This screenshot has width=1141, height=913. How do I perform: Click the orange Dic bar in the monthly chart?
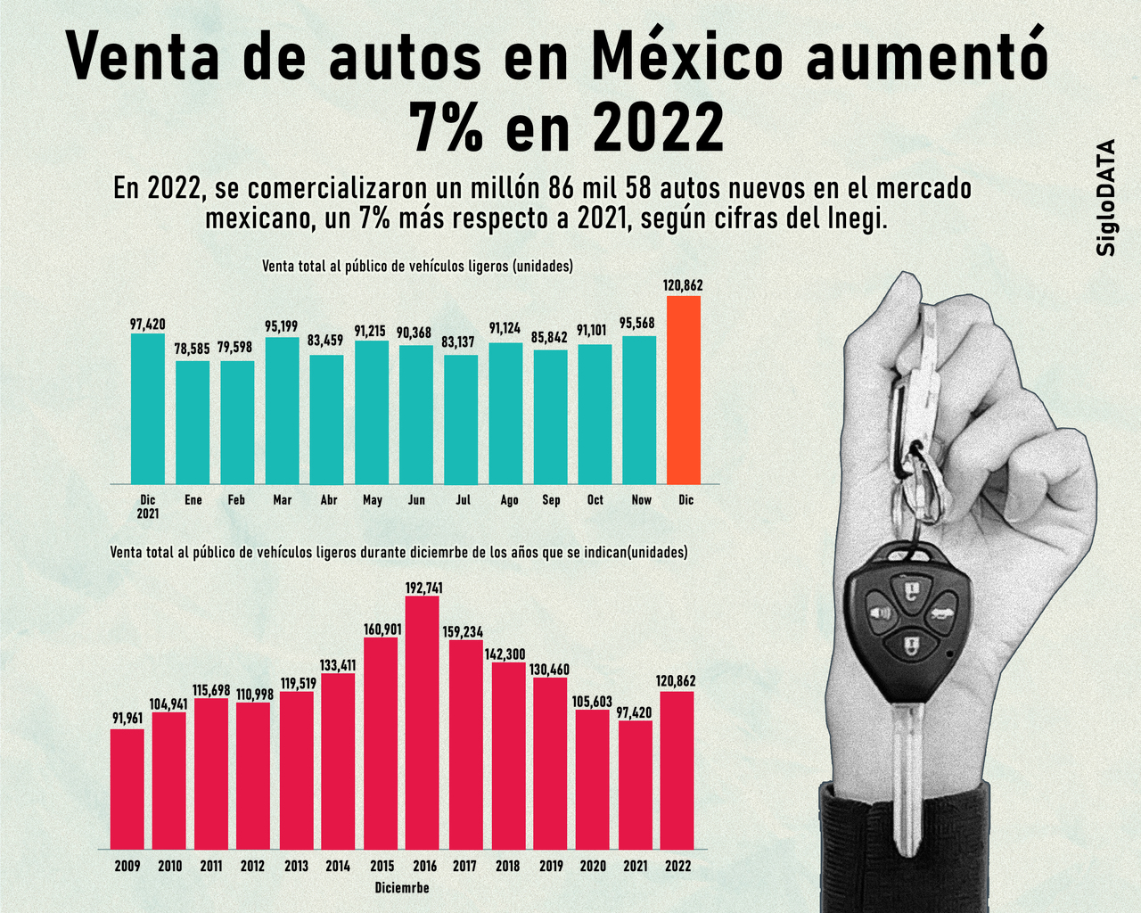point(684,391)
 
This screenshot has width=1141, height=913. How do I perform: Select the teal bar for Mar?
point(282,410)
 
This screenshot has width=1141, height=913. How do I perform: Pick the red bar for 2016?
point(423,722)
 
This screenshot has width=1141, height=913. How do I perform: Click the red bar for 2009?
point(127,789)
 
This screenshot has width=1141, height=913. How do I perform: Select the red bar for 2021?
point(636,785)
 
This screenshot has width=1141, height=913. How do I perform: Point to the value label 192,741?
point(423,588)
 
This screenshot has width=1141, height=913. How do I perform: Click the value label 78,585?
point(193,349)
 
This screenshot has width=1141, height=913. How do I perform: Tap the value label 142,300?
point(505,654)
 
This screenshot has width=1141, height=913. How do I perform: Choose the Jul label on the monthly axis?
point(463,500)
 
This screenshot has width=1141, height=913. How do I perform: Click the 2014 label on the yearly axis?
point(338,866)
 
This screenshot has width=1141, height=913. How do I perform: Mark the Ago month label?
point(509,500)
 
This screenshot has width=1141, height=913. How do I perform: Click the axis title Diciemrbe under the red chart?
point(402,888)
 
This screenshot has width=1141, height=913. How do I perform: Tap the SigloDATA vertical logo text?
point(1106,198)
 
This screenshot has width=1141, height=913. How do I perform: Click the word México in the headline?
point(685,55)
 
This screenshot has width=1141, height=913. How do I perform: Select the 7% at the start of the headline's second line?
point(446,127)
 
